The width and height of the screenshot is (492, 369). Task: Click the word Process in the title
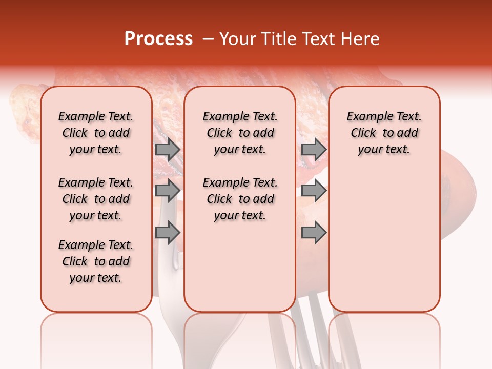158,39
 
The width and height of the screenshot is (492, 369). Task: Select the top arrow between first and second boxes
168,149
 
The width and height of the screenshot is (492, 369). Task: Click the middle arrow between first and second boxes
168,191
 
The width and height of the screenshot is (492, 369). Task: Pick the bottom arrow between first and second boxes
168,233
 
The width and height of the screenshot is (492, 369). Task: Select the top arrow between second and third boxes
314,149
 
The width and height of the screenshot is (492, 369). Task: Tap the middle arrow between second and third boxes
314,191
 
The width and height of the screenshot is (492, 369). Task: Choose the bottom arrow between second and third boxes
314,233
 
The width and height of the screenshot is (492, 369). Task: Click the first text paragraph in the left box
96,133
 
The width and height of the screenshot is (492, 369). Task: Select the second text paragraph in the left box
96,199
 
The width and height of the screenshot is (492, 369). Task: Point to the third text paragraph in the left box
96,261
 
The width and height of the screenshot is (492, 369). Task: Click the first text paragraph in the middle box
240,133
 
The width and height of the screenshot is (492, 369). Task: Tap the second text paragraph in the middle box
240,199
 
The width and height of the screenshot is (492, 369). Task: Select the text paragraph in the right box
384,133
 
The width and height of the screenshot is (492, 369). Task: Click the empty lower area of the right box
384,241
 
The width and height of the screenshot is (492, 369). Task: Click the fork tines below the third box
307,333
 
